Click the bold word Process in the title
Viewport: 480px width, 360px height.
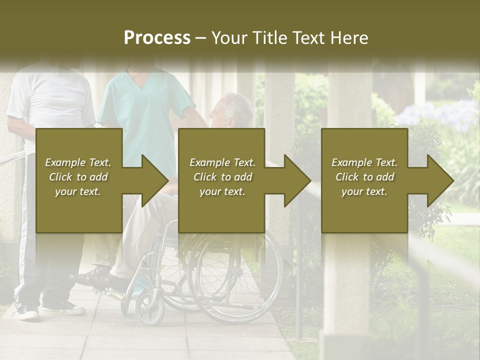tap(157, 37)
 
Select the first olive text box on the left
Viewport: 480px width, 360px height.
tap(78, 210)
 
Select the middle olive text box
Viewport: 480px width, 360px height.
tap(221, 210)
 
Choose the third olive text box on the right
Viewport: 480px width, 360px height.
tap(364, 210)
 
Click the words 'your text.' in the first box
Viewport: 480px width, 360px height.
tap(78, 191)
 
